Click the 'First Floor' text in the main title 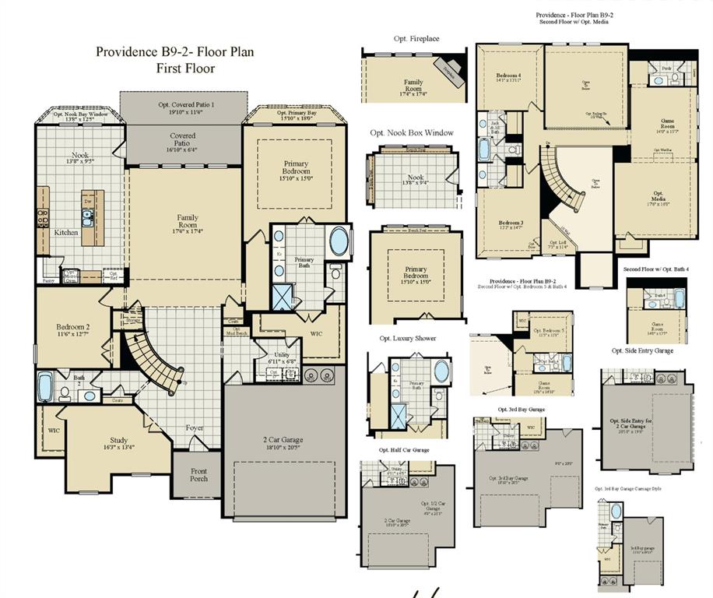pos(185,69)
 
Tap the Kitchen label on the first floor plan pos(65,233)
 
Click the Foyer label pos(195,427)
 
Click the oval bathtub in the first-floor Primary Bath pos(339,242)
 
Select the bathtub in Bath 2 pos(45,385)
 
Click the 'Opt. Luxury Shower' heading pos(408,339)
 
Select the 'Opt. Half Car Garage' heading pos(404,450)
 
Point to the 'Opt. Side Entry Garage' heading pos(643,351)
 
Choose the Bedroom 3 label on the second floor pos(511,224)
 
